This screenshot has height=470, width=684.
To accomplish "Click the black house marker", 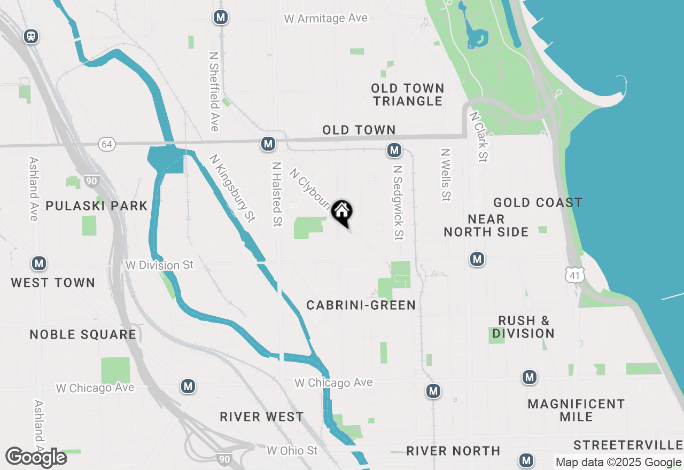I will click(x=342, y=212).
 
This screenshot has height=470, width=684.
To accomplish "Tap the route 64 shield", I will click(x=107, y=144).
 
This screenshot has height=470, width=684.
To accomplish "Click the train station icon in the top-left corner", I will click(x=31, y=36).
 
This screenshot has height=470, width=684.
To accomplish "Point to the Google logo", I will click(x=36, y=457).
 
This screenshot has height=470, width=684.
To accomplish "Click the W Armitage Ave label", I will click(x=325, y=19).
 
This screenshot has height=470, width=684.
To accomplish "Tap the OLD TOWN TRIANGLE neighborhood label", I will click(x=408, y=95).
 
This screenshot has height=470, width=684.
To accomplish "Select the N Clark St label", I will click(x=479, y=136).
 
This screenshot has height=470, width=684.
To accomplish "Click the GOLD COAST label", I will click(x=538, y=202).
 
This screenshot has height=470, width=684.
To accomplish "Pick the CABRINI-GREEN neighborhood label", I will click(x=361, y=305).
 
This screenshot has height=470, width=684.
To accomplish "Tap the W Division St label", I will click(x=159, y=265).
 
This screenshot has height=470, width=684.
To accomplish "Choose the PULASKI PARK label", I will click(x=97, y=206).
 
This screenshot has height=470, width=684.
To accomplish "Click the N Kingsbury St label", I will click(x=232, y=189).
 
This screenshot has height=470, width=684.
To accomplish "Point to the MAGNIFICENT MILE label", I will click(x=576, y=410).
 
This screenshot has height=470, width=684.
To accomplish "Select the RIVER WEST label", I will click(x=262, y=417).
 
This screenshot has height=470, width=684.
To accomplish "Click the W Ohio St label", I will click(x=292, y=451).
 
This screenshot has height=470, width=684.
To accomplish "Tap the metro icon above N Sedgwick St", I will click(x=394, y=151).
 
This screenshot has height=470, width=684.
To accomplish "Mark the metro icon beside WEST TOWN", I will click(x=38, y=263).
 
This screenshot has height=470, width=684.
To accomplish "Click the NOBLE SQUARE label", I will click(x=83, y=334).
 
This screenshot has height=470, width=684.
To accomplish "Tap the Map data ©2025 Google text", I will click(x=618, y=462).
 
